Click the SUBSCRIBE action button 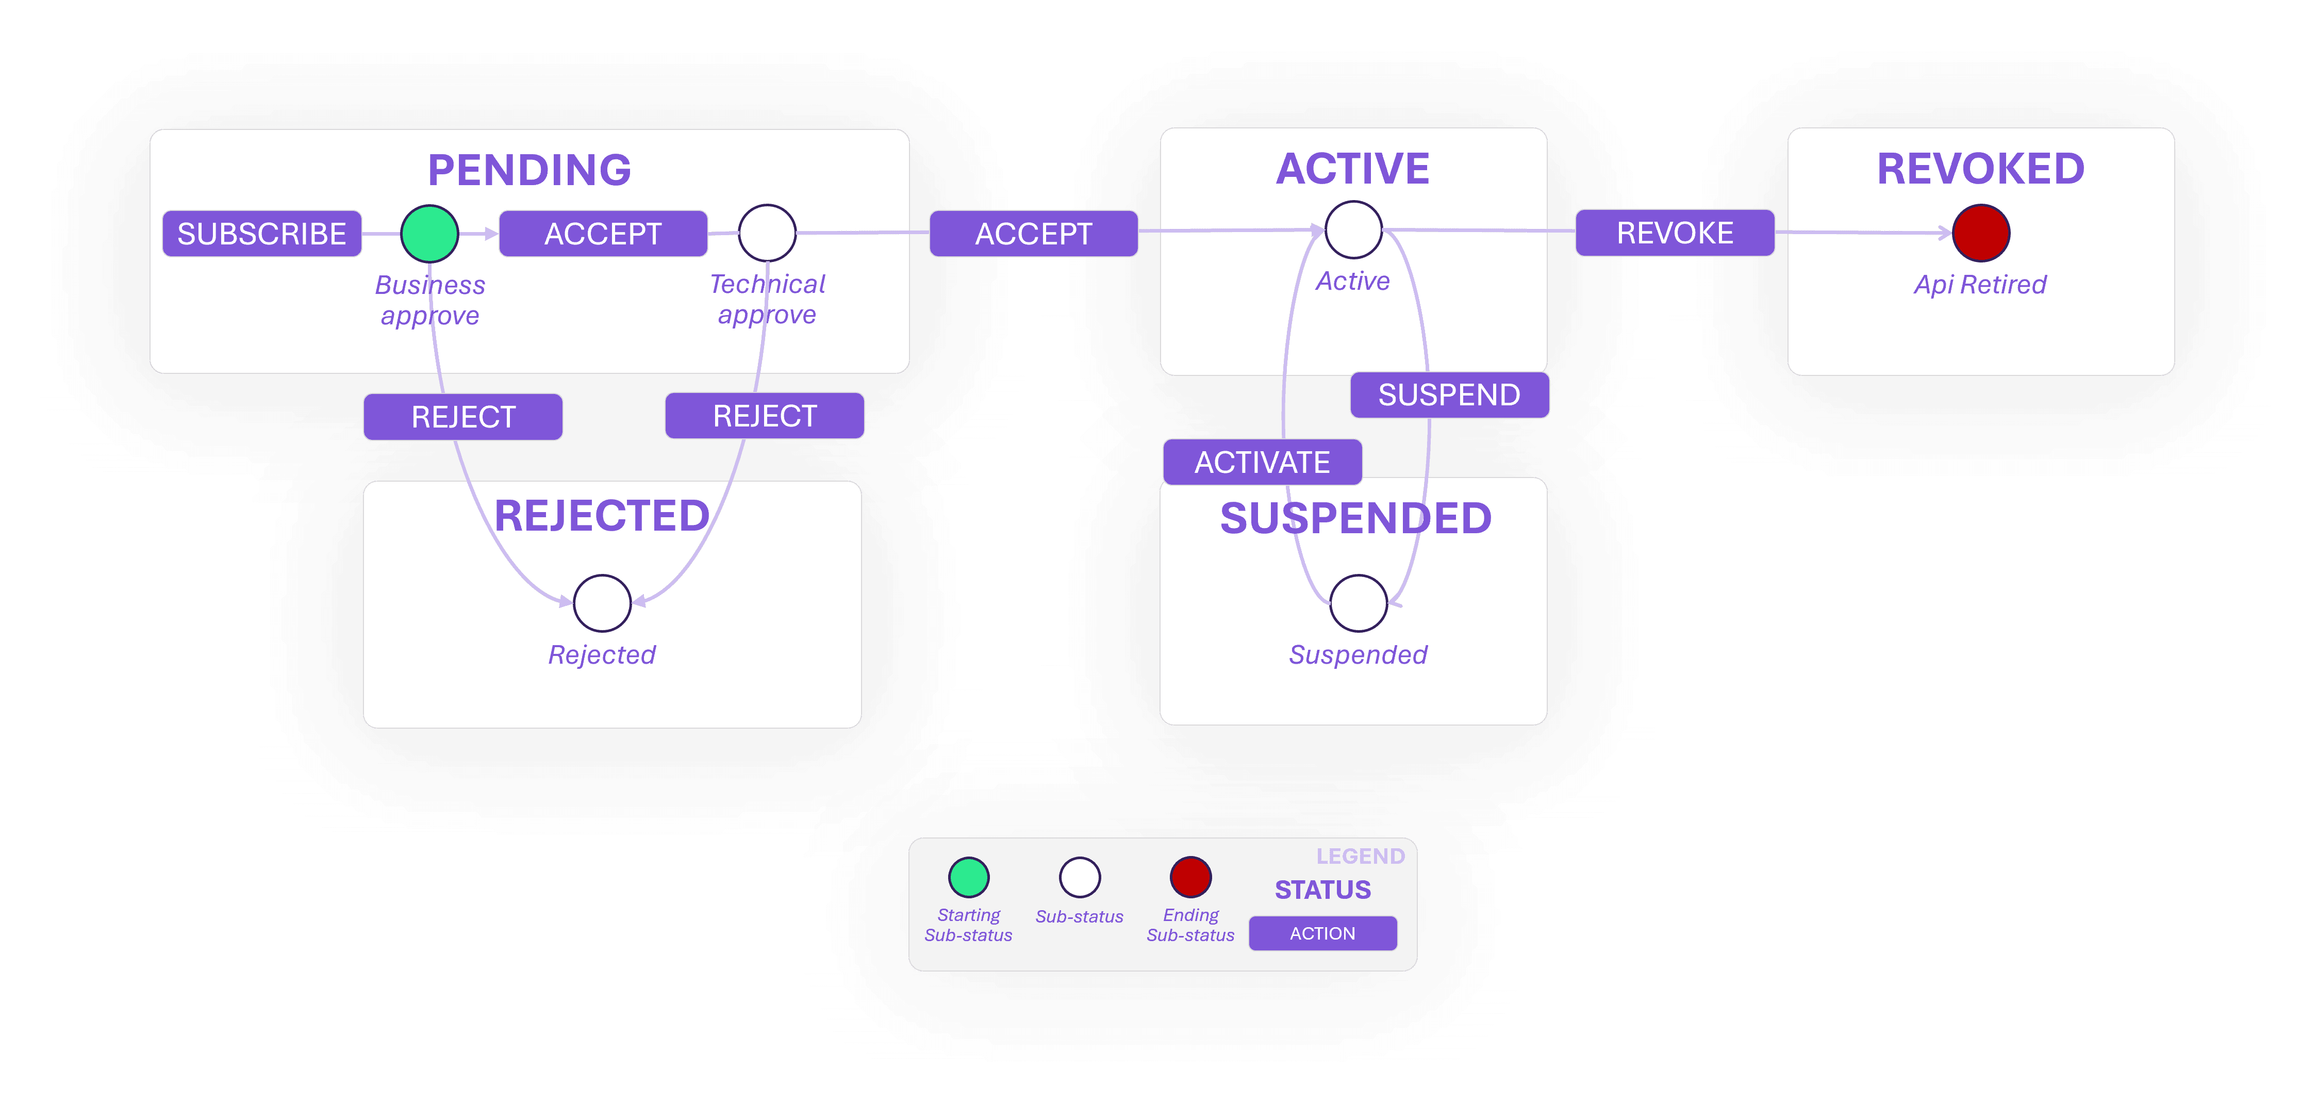click(262, 234)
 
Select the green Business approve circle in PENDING click(430, 234)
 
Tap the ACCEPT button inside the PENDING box click(603, 234)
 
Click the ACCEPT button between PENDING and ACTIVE click(1034, 234)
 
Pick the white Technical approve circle click(767, 233)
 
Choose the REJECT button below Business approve click(463, 417)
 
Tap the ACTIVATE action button click(1262, 463)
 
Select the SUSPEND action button click(1449, 395)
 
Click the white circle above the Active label click(1354, 231)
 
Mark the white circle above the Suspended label click(1358, 603)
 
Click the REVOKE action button click(1675, 233)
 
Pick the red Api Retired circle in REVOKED click(1981, 233)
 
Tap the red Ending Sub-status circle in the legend click(1190, 877)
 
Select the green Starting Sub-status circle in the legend click(969, 877)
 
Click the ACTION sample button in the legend click(1322, 933)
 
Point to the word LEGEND click(1360, 856)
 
